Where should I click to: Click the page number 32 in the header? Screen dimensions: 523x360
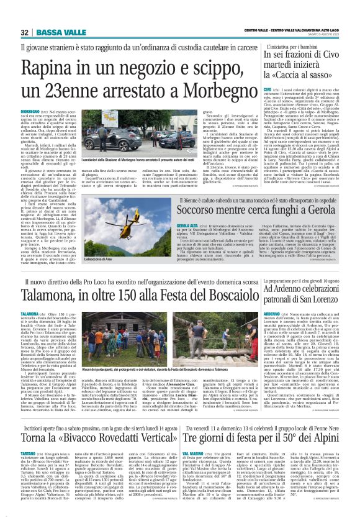[24, 32]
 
